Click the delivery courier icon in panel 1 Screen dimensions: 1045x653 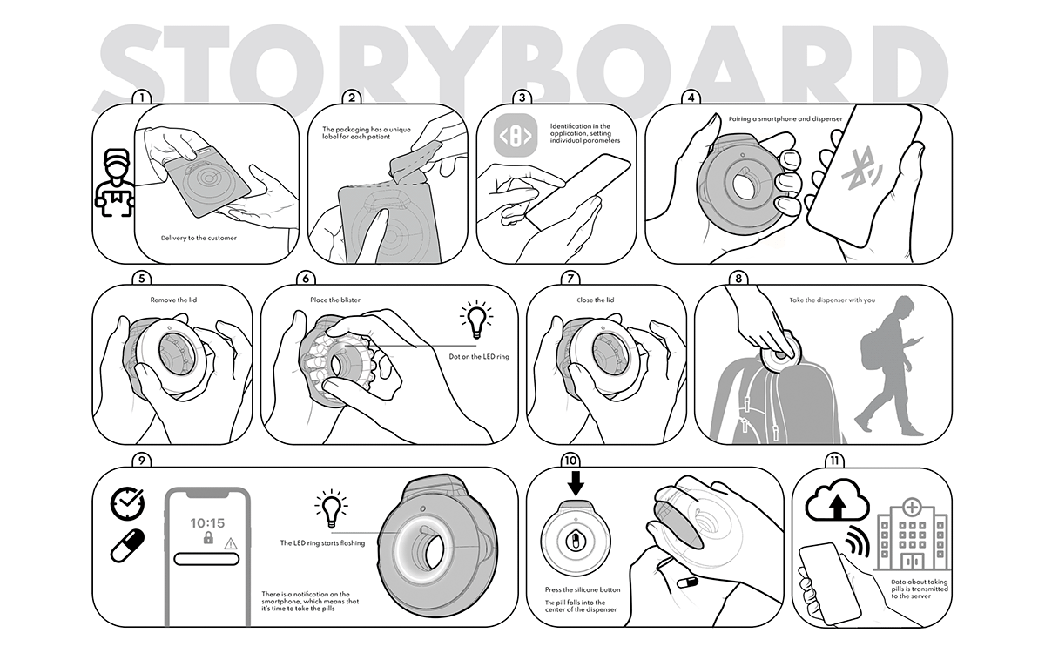coord(114,183)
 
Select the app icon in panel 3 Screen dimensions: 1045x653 coord(516,135)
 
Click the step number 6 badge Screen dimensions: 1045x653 coord(306,279)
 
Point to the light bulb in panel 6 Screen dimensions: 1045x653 coord(476,320)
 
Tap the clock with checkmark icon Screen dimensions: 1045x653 coord(127,504)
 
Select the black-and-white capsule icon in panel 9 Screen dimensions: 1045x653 coord(127,545)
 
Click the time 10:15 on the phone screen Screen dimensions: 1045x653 coord(207,523)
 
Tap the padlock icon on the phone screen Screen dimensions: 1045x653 coord(208,538)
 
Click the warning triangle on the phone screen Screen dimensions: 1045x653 coord(231,543)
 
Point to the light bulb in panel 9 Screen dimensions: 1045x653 coord(331,508)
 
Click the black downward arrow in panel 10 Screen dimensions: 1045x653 coord(576,483)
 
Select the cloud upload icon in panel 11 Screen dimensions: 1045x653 coord(838,500)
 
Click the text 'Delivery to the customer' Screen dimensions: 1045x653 coord(199,238)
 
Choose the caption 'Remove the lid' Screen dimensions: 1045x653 coord(173,300)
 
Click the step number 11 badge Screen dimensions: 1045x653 coord(834,461)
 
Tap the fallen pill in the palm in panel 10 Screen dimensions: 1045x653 coord(687,582)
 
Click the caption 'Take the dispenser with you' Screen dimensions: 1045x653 coord(833,300)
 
